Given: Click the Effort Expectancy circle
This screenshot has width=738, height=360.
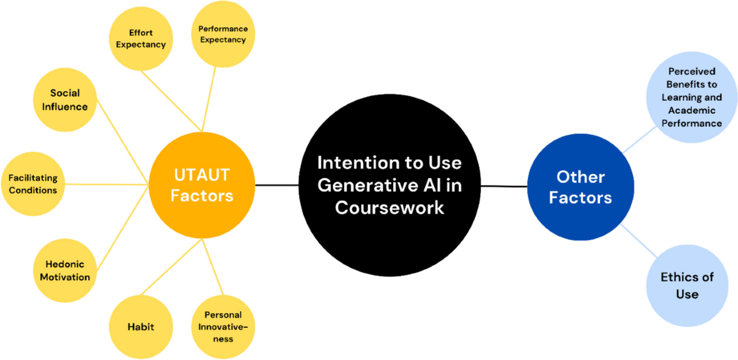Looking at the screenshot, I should click(x=141, y=39).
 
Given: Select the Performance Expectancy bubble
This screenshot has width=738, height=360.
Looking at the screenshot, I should click(x=222, y=34).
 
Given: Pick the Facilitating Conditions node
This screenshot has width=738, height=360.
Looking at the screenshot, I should click(x=33, y=184).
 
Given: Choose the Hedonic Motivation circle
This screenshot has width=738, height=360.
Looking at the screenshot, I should click(x=65, y=270).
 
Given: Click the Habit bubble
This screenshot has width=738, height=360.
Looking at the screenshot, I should click(x=141, y=326).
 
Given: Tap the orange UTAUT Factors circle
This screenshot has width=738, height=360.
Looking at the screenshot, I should click(x=202, y=186).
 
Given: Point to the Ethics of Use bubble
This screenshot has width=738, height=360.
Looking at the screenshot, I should click(x=686, y=286).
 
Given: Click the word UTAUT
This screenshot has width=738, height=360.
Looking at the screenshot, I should click(x=201, y=176).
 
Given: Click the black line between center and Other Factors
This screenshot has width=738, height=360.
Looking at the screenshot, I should click(x=504, y=185).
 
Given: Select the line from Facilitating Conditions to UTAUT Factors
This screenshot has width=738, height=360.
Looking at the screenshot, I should click(x=108, y=183).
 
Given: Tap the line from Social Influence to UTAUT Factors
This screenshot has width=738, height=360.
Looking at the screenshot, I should click(x=123, y=141).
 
